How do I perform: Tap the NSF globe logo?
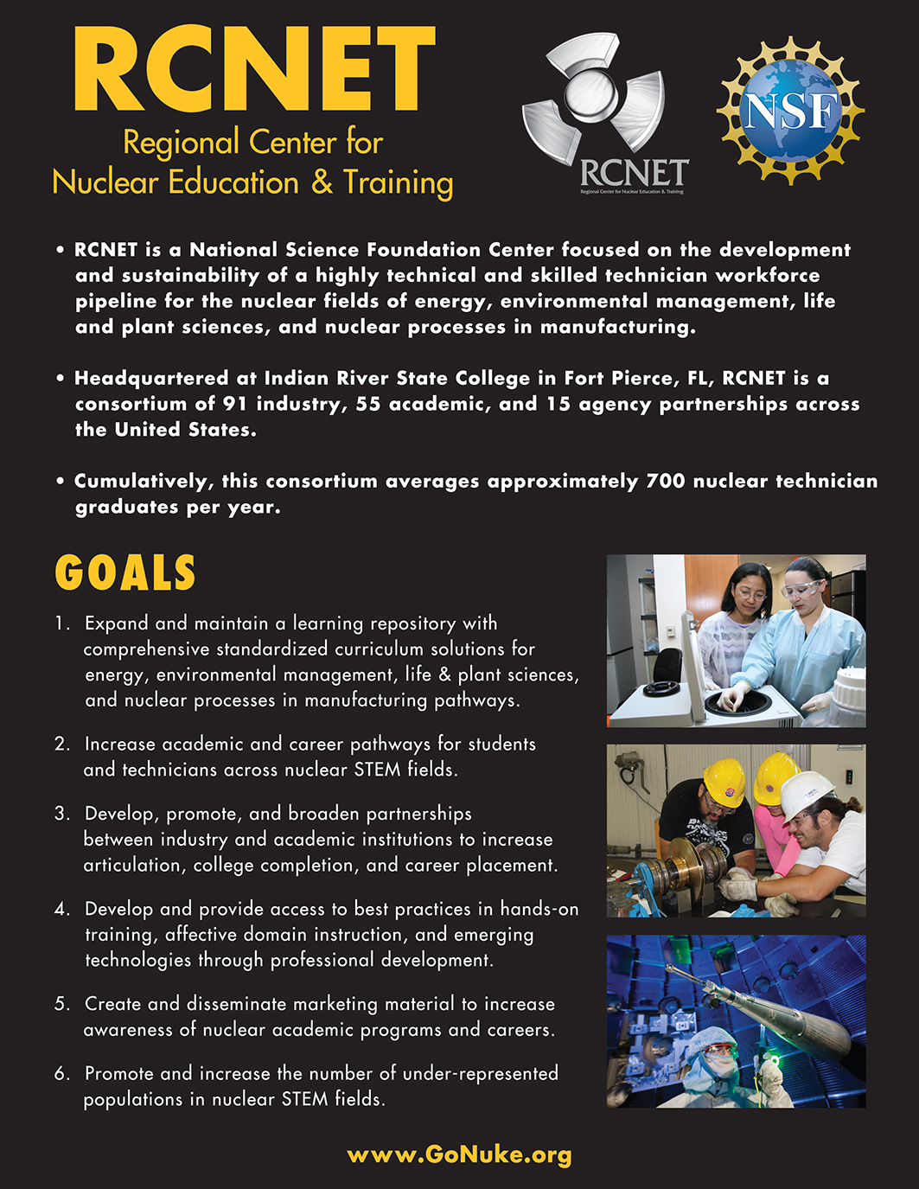click(x=790, y=110)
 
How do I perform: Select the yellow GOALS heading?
click(x=125, y=573)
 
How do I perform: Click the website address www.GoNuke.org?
click(x=459, y=1154)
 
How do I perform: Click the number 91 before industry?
click(x=235, y=404)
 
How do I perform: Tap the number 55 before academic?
click(x=368, y=404)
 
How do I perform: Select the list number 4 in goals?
click(x=61, y=909)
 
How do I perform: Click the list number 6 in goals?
click(x=61, y=1074)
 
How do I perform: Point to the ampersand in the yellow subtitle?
click(x=322, y=182)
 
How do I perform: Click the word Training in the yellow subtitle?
click(x=398, y=182)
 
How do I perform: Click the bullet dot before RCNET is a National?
click(x=60, y=251)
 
